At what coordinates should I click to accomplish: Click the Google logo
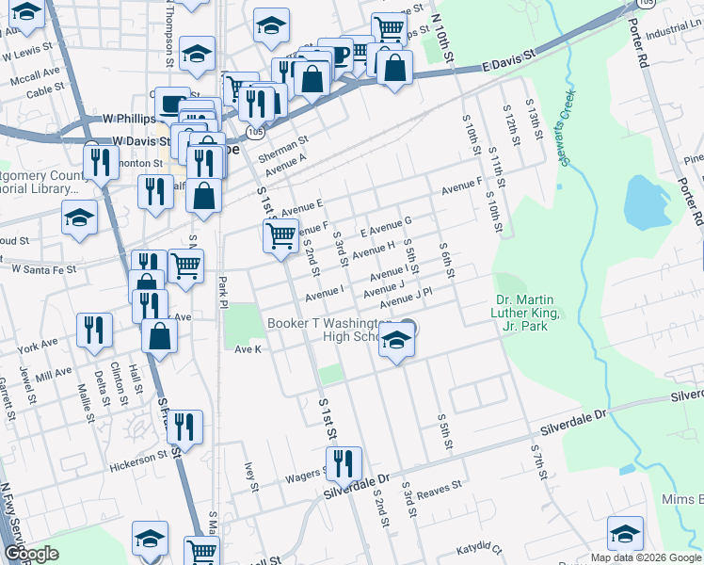point(31,554)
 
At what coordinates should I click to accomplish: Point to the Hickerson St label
point(141,459)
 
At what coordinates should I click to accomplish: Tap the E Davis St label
point(507,62)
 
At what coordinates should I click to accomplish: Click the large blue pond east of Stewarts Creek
point(642,202)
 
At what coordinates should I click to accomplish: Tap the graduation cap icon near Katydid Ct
point(625,534)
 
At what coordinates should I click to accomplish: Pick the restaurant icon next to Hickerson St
point(184,428)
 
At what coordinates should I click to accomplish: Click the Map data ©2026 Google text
point(646,557)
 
